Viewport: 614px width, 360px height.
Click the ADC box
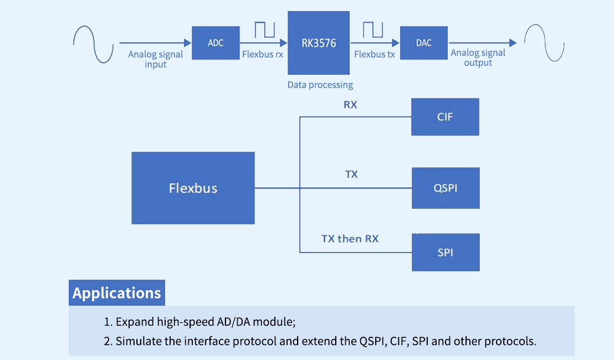(x=216, y=43)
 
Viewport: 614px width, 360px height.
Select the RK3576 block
(x=319, y=43)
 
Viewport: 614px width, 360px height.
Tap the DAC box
(x=424, y=43)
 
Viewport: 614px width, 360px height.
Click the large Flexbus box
(x=193, y=188)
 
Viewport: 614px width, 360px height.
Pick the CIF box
(x=445, y=117)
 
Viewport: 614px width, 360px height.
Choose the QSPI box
(x=446, y=188)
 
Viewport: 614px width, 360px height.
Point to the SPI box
(x=446, y=253)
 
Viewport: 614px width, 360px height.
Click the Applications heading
(x=117, y=293)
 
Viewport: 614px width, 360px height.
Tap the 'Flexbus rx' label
(x=263, y=55)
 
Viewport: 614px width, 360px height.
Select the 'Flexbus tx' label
(x=375, y=55)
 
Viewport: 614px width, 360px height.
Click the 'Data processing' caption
(x=320, y=85)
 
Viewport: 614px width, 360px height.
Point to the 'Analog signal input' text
(x=156, y=59)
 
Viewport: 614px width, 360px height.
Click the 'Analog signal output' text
(x=478, y=58)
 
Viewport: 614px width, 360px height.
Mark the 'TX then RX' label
(x=350, y=239)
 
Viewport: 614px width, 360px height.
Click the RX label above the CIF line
(x=350, y=104)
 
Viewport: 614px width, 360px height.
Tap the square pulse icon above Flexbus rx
(x=265, y=30)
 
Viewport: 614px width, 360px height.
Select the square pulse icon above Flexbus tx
(x=373, y=30)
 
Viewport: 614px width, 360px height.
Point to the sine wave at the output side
(x=544, y=42)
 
